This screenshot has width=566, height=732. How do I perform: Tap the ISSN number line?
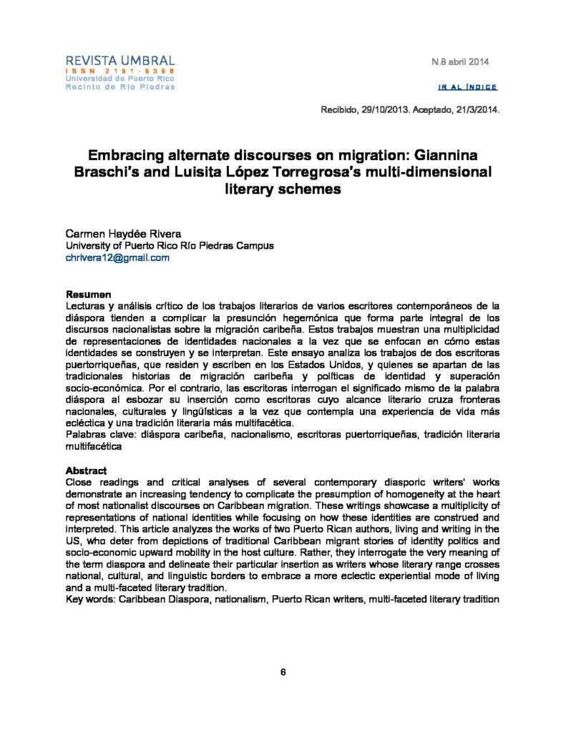(119, 71)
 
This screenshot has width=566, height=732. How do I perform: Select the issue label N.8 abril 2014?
(459, 62)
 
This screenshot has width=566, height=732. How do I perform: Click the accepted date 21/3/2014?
(475, 112)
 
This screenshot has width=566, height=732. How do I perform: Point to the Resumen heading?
(88, 295)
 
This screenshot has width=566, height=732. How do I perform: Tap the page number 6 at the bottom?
(283, 673)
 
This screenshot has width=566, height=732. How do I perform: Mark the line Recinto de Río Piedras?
(119, 87)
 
